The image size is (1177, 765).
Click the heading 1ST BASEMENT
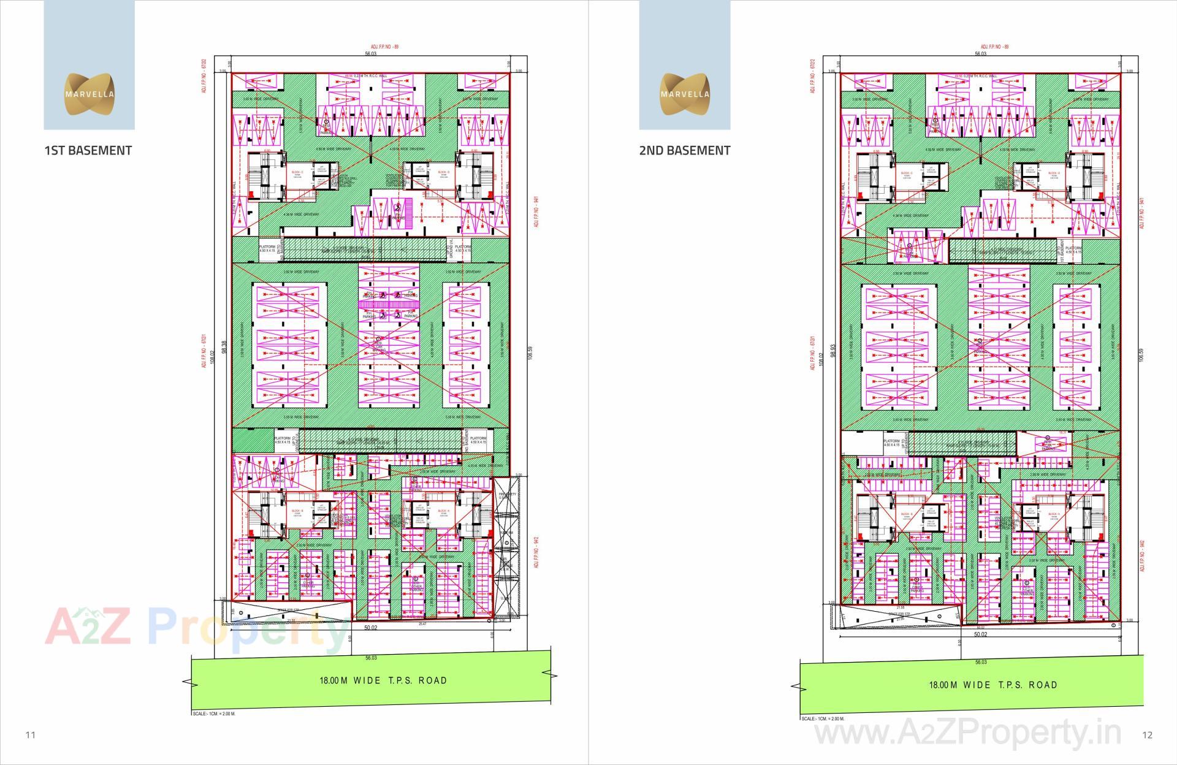click(x=88, y=151)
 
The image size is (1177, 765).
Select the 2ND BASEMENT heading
click(x=684, y=151)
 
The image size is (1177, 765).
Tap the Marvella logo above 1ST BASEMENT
click(x=90, y=94)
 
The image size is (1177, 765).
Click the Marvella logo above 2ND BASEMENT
click(x=685, y=94)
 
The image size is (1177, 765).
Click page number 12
click(x=1148, y=735)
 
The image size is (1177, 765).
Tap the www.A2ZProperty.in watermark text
click(x=968, y=733)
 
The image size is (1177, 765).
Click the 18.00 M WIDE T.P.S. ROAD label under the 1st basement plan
click(x=383, y=680)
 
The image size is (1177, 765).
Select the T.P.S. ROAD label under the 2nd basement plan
click(x=993, y=685)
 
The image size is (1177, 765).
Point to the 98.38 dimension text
click(x=225, y=348)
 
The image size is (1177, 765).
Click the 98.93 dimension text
click(x=832, y=351)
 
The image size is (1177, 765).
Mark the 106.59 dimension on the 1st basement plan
click(x=530, y=354)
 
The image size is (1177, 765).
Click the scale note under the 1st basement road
click(x=214, y=714)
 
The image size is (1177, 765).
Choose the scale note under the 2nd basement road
click(x=823, y=718)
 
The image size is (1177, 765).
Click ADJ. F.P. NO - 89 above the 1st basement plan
click(x=385, y=47)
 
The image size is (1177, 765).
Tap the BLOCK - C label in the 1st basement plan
click(x=297, y=173)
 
